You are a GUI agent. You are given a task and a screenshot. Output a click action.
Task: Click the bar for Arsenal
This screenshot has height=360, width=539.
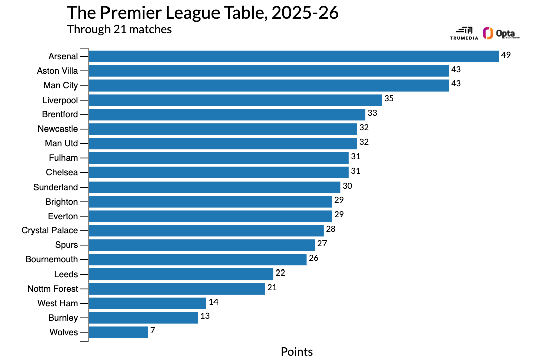294,56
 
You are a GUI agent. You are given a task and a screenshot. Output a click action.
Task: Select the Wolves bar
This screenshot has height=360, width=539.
119,332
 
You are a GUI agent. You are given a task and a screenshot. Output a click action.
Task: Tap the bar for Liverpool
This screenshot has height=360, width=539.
236,100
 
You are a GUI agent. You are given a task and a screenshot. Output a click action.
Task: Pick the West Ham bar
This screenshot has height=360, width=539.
148,303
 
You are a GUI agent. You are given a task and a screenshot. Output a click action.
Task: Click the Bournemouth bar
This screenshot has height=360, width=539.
198,259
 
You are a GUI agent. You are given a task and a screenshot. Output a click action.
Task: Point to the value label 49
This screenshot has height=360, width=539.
506,55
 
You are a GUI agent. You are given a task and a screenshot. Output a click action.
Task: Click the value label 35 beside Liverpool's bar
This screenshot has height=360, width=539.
389,99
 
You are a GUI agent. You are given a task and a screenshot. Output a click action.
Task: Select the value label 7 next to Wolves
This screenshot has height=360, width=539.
152,331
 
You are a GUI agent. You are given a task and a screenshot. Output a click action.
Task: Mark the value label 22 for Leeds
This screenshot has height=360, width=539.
280,273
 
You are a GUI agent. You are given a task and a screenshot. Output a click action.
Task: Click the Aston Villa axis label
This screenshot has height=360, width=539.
57,71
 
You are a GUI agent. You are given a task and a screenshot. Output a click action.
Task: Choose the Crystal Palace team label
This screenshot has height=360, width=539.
50,230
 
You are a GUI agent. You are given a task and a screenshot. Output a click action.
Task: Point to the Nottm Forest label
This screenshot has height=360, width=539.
53,289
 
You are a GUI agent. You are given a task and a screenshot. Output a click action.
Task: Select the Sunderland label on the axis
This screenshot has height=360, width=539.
56,187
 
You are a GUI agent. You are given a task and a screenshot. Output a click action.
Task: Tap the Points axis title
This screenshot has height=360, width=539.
296,352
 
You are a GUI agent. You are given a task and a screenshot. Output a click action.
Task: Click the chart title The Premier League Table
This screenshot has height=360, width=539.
202,13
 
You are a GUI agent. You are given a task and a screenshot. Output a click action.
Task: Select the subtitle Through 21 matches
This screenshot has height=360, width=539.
120,29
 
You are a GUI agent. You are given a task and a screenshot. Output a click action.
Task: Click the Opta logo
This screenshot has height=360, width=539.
501,33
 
